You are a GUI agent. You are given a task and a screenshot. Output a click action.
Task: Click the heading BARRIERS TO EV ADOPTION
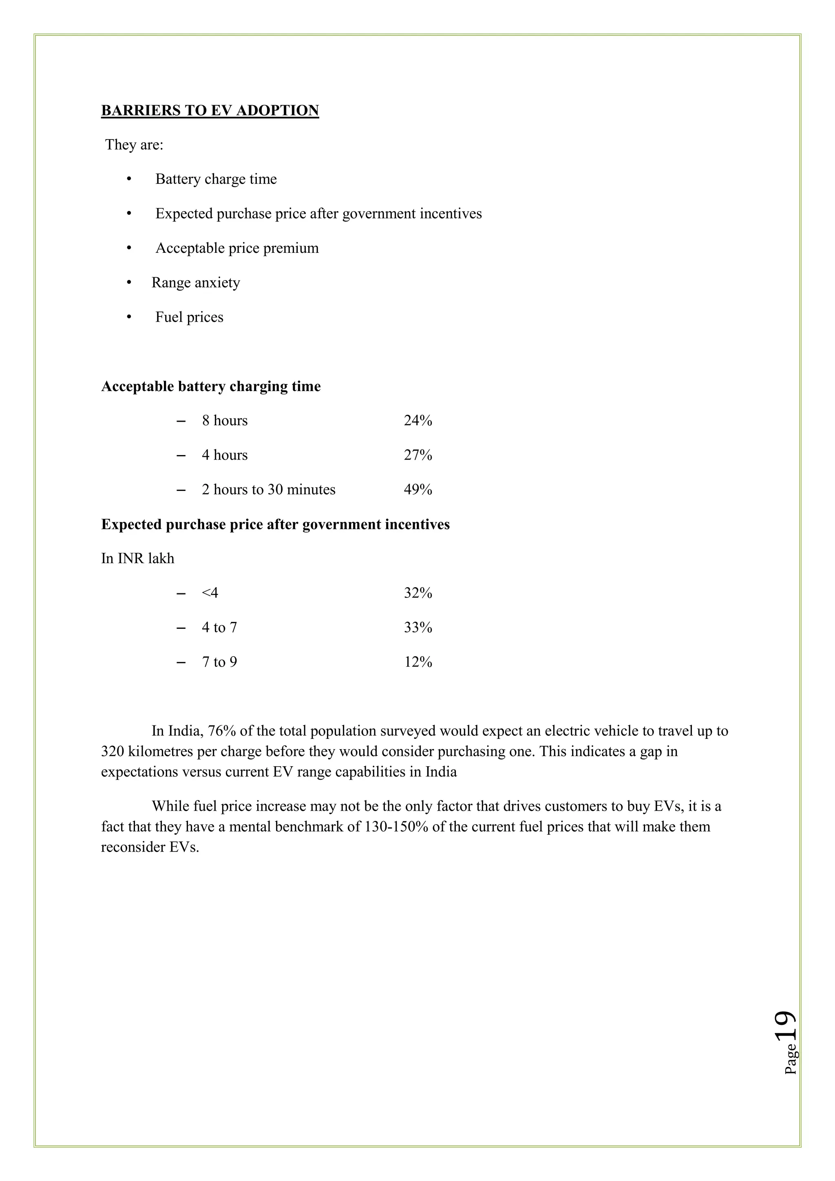point(210,111)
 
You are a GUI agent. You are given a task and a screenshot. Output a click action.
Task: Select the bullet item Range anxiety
point(195,283)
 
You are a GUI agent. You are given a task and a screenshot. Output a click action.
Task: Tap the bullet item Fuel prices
point(189,317)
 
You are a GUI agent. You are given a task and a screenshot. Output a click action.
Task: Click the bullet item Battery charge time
point(216,179)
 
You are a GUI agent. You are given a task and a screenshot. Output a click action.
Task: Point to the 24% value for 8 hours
point(417,421)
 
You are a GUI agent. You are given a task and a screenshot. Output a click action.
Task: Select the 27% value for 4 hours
point(417,455)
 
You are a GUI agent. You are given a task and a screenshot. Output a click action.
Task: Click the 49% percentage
point(417,490)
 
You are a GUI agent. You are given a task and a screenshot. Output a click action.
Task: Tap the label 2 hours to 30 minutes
point(268,490)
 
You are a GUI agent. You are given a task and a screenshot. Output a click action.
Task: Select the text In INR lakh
point(138,559)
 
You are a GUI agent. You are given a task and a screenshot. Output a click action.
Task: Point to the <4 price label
point(210,593)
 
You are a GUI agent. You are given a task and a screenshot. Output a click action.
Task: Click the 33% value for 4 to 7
point(417,628)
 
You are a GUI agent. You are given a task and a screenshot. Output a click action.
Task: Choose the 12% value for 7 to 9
point(417,662)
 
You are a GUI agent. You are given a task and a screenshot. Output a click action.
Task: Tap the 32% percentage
point(417,593)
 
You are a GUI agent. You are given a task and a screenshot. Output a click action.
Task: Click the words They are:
point(134,145)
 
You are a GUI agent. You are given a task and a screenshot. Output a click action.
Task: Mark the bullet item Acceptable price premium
point(237,248)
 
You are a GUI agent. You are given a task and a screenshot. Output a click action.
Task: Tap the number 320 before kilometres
point(112,752)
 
